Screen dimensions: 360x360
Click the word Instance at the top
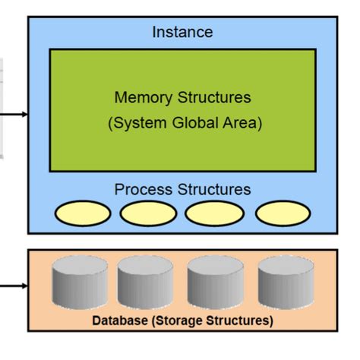(x=182, y=32)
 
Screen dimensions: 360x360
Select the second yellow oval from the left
(x=147, y=214)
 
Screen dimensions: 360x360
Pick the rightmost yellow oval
(x=283, y=214)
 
